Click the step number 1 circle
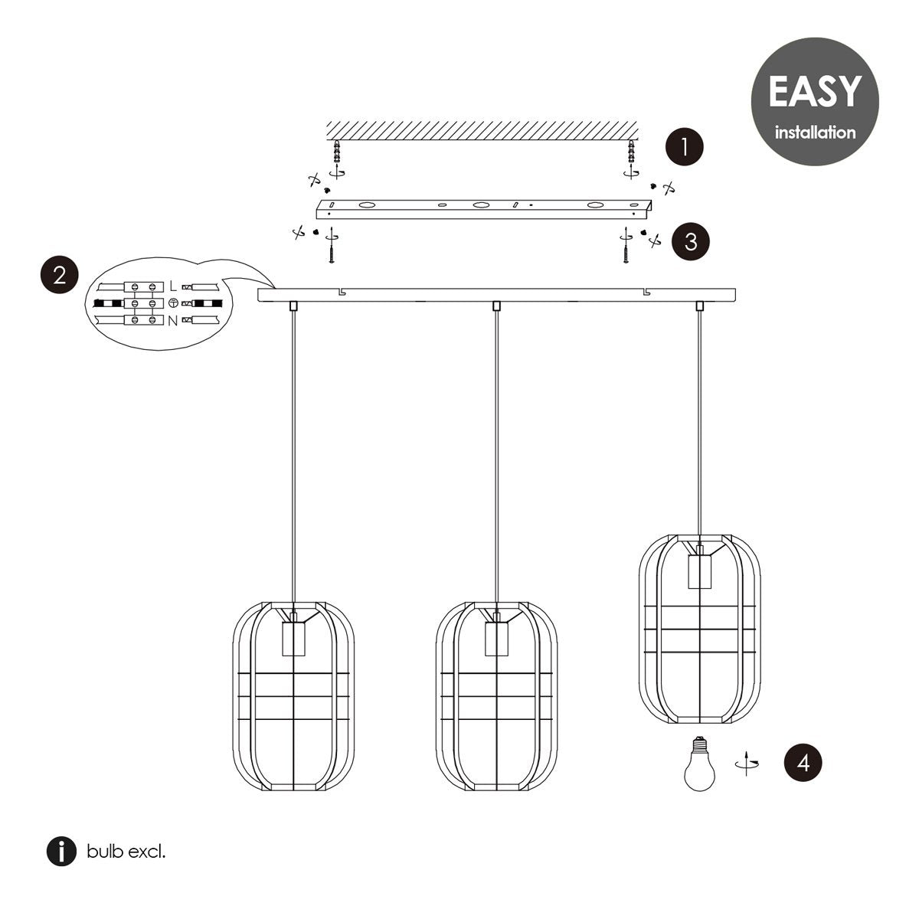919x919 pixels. tap(685, 146)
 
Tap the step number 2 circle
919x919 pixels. tap(60, 275)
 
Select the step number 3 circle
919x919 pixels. tap(691, 241)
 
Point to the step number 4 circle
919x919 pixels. tap(803, 763)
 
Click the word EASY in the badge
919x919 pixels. tap(815, 92)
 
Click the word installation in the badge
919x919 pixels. tap(815, 132)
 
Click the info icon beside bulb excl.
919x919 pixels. tap(61, 852)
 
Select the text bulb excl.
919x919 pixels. tap(126, 852)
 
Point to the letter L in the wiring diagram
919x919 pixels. tap(173, 286)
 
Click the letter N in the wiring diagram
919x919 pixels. tap(172, 321)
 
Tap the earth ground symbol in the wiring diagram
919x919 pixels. tap(173, 303)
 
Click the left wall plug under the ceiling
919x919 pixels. tap(337, 151)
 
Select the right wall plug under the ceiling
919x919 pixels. tap(632, 151)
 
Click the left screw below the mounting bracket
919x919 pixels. tap(332, 246)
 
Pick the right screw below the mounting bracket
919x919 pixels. tap(626, 246)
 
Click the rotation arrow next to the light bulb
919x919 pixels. tap(747, 763)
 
